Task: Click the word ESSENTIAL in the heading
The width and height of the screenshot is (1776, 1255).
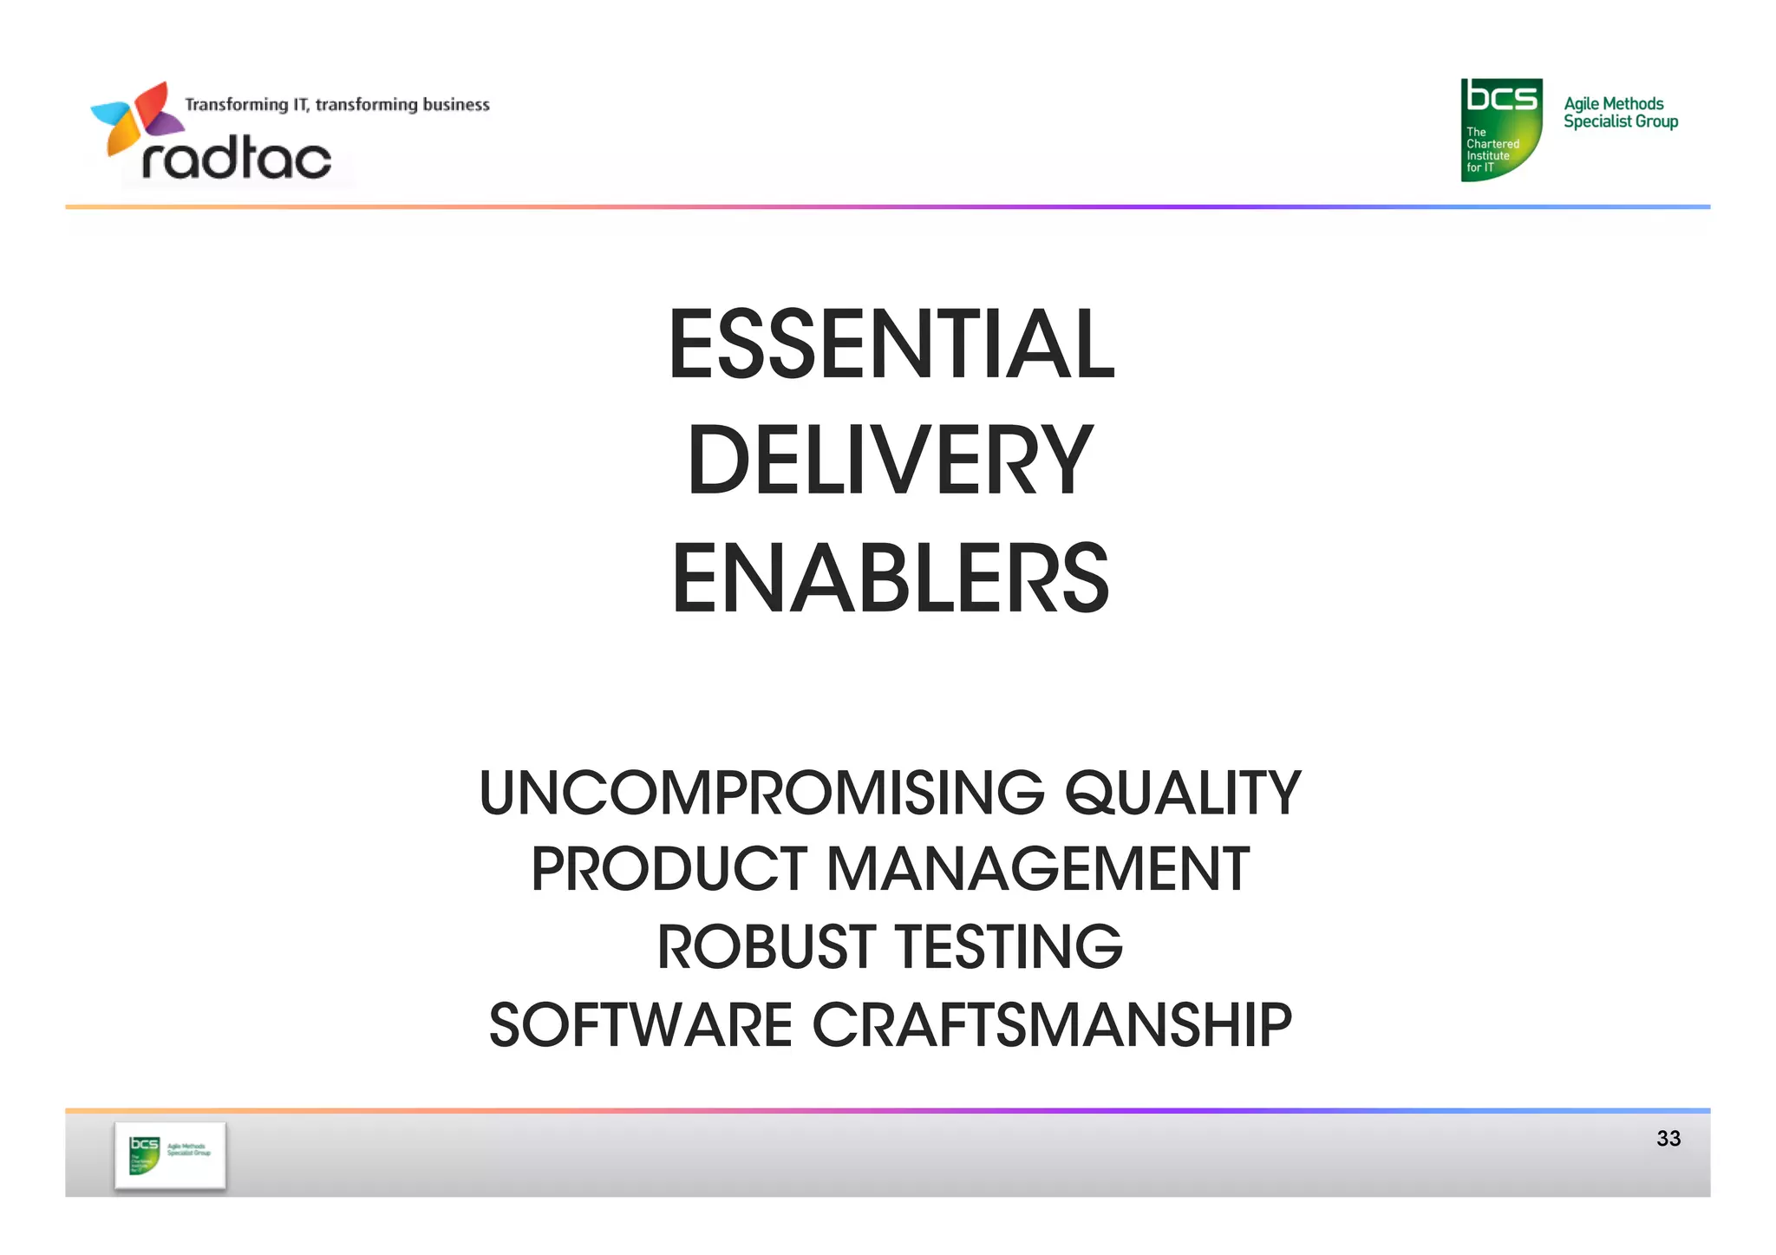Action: coord(891,344)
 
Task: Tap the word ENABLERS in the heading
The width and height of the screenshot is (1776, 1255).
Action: coord(891,578)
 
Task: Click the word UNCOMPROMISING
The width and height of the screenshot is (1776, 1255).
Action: coord(761,793)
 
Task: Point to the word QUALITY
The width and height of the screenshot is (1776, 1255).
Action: coord(1183,793)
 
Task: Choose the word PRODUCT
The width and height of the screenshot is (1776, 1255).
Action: coord(669,869)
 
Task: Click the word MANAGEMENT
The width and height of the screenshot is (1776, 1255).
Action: coord(1038,869)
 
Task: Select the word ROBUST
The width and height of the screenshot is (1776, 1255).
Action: coord(766,946)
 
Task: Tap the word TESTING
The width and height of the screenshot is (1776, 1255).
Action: coord(1009,946)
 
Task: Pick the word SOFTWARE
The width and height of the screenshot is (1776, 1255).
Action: coord(641,1024)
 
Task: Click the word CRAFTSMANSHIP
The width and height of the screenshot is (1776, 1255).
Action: coord(1052,1024)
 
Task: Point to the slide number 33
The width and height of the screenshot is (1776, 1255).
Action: coord(1668,1139)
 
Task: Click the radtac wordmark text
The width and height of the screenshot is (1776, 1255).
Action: coord(236,160)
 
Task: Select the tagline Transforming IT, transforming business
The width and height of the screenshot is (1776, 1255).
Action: coord(337,105)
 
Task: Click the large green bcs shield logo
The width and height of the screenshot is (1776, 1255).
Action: coord(1501,129)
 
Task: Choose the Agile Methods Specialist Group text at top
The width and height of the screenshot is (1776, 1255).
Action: coord(1620,113)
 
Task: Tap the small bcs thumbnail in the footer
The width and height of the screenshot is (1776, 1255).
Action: coord(170,1155)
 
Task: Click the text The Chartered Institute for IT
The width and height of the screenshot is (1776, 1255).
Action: coord(1492,150)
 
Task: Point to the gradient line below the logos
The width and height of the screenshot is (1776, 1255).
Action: coord(888,207)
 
